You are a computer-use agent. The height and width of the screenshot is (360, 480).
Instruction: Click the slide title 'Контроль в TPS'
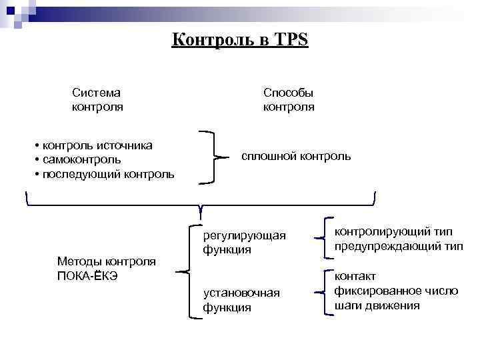point(239,40)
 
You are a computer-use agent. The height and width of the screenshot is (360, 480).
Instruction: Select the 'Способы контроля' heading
point(289,99)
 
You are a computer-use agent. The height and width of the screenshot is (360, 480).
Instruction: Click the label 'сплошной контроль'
point(295,157)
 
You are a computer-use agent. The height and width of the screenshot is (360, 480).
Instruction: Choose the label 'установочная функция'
point(241,300)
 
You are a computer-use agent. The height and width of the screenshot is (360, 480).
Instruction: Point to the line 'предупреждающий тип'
point(399,246)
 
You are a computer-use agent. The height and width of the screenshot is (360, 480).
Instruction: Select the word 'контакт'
point(355,276)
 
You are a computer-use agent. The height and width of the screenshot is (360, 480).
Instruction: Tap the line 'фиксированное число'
point(396,291)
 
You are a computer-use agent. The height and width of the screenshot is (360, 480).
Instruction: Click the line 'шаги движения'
point(377,305)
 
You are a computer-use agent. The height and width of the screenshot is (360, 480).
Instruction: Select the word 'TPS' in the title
point(291,40)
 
